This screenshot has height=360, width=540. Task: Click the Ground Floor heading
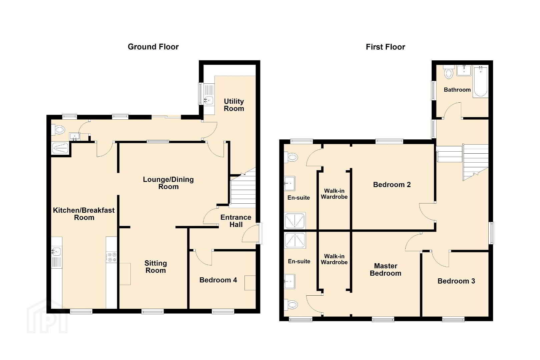click(153, 47)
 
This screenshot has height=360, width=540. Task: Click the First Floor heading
click(385, 47)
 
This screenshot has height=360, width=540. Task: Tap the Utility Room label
click(234, 105)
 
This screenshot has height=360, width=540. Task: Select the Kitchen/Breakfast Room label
click(84, 214)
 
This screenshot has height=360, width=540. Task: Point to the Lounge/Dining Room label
click(168, 183)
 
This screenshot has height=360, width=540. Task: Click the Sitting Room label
click(155, 267)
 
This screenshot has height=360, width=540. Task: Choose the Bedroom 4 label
click(218, 280)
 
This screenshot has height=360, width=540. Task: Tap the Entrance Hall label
click(236, 221)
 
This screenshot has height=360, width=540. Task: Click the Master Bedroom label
click(386, 270)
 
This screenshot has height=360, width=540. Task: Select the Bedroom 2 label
click(392, 185)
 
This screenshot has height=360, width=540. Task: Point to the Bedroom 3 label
click(456, 281)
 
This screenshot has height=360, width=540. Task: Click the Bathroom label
click(457, 90)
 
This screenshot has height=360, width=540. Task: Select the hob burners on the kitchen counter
click(111, 257)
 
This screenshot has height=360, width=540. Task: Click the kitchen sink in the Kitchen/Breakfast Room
click(56, 252)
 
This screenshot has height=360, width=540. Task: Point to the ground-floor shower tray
click(60, 148)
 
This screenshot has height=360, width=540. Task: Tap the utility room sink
click(209, 100)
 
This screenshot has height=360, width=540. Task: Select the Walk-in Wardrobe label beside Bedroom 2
click(334, 194)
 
